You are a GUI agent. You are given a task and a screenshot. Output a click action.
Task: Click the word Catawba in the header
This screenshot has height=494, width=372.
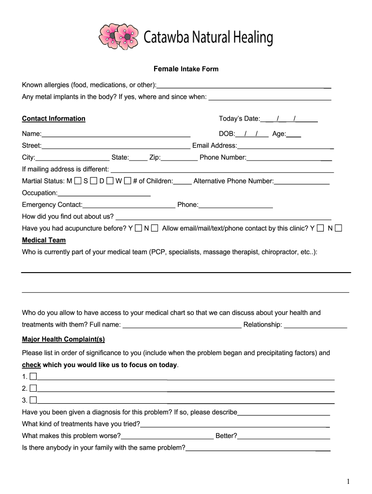[166, 37]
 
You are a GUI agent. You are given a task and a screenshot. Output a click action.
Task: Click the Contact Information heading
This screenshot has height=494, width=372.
[54, 119]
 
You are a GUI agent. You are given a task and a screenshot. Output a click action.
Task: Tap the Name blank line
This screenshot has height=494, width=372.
[116, 134]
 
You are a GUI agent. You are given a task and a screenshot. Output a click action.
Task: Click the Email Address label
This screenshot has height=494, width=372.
[215, 146]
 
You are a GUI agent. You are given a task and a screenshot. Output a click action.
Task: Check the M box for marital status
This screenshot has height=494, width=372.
[78, 181]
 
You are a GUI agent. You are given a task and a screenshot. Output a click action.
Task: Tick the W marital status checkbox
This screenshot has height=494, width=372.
[128, 181]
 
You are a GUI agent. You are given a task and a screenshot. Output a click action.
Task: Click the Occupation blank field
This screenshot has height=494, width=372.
[104, 193]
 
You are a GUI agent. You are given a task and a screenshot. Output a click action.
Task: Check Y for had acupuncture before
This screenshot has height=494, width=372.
[139, 228]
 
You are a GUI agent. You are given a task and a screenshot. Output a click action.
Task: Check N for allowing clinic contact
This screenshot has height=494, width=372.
[338, 228]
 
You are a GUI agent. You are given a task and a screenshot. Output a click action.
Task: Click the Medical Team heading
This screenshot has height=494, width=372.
[44, 240]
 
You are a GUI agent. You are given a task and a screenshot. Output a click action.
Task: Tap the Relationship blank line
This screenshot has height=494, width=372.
[315, 325]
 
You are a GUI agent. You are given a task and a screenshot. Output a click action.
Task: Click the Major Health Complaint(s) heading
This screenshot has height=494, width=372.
[63, 339]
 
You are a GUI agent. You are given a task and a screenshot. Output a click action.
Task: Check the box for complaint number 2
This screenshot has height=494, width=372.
[33, 388]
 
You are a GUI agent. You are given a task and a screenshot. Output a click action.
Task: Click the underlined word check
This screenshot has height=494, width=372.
[31, 365]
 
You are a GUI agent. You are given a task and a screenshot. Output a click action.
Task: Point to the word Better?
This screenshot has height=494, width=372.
[226, 436]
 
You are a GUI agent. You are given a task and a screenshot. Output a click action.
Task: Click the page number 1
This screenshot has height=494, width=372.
[348, 481]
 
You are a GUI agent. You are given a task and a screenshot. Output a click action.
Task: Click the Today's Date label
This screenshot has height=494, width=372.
[239, 119]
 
